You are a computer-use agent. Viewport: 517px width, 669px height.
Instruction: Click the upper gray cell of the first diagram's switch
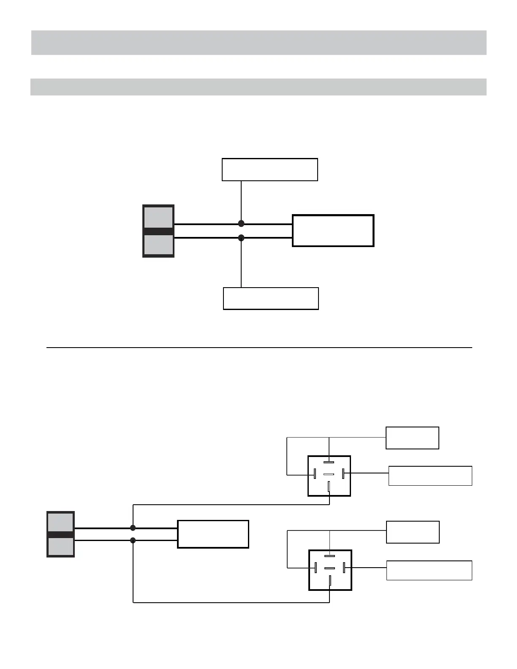tap(158, 218)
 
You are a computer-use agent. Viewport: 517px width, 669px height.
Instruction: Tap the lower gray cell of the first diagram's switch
tap(158, 245)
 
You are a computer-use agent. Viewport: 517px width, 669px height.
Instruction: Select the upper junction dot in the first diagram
tap(241, 223)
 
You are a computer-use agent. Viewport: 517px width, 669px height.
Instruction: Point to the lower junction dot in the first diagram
tap(241, 238)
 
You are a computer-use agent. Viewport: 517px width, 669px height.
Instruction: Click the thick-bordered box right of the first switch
tap(333, 231)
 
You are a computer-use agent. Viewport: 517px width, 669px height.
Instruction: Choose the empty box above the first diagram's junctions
tap(269, 170)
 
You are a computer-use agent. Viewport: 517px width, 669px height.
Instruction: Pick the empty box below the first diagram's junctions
tap(270, 299)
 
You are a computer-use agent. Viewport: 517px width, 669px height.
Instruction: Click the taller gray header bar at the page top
tap(258, 43)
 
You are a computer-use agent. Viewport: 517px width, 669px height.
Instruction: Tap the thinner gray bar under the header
tap(258, 87)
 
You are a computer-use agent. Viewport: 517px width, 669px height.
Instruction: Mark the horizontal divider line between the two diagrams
tap(258, 348)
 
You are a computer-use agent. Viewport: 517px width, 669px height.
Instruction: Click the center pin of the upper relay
tap(329, 474)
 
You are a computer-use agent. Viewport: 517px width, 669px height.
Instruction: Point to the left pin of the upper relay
tap(315, 474)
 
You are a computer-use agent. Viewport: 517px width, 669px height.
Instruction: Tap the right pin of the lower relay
tap(345, 568)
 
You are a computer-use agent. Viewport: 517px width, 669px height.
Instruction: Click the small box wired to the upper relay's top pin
tap(412, 438)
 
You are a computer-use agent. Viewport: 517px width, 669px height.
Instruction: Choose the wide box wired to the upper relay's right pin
tap(430, 476)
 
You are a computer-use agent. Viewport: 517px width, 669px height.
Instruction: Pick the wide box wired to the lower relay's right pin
tap(429, 571)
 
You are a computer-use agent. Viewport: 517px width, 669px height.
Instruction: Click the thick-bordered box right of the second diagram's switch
tap(213, 534)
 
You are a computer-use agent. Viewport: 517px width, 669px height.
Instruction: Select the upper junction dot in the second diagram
tap(133, 528)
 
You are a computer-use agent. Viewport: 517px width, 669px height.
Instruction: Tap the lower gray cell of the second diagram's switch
tap(61, 547)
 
